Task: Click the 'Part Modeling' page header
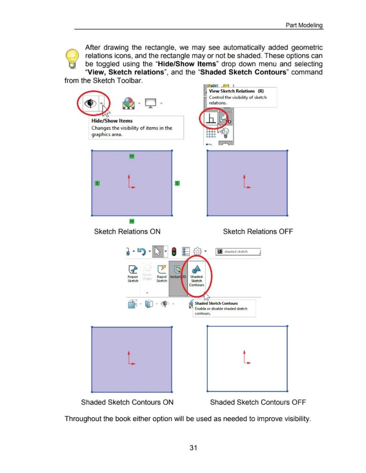pyautogui.click(x=304, y=25)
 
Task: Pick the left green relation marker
pyautogui.click(x=97, y=183)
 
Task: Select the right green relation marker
pyautogui.click(x=177, y=183)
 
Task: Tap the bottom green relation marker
pyautogui.click(x=131, y=221)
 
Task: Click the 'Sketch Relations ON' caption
pyautogui.click(x=127, y=232)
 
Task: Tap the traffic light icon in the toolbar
pyautogui.click(x=174, y=252)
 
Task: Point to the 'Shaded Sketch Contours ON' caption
pyautogui.click(x=127, y=403)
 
